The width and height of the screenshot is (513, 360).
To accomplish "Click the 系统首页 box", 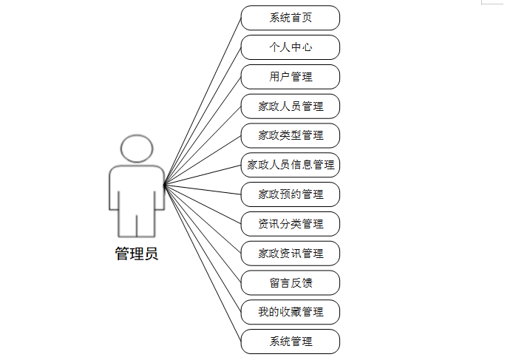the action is coord(291,18).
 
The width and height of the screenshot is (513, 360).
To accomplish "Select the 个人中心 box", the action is coord(291,47).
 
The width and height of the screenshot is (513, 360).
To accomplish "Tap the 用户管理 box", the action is coord(291,77).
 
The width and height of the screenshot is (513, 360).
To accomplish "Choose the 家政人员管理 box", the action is coord(291,106).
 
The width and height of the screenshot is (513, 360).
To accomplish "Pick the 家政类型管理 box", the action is coord(291,135).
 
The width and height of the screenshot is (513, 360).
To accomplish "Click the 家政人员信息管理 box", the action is coord(291,165).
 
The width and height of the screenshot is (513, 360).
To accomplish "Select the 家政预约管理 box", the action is coord(291,194).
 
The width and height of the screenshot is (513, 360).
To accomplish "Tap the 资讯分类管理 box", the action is coord(291,224).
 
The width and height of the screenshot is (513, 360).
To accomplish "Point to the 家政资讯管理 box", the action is coord(291,254).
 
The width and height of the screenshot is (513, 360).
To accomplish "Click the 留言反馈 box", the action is coord(291,282).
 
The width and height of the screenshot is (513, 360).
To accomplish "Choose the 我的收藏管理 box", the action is coord(291,312).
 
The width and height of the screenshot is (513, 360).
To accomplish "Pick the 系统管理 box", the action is coord(291,342).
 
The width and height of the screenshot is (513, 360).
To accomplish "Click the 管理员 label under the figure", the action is coord(137,254).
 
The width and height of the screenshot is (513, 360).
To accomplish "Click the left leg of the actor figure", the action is coord(126,222).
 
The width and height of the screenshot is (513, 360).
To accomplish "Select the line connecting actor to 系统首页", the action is coord(203,100).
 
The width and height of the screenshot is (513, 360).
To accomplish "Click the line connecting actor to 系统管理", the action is coord(203,263).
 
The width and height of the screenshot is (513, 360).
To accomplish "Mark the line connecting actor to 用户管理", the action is coord(203,130).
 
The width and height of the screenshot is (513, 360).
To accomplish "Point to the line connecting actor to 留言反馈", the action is coord(203,234).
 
